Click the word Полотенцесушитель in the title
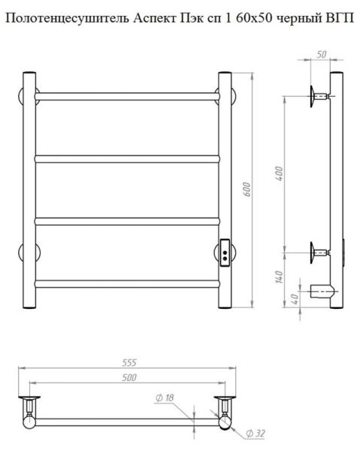pos(68,19)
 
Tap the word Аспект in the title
pos(155,19)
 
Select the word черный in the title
pos(298,19)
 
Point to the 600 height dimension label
pos(247,189)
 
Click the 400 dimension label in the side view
pos(279,174)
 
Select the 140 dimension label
pos(279,277)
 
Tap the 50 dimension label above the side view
pos(322,54)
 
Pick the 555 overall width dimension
pos(129,363)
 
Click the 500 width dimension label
pos(129,377)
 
